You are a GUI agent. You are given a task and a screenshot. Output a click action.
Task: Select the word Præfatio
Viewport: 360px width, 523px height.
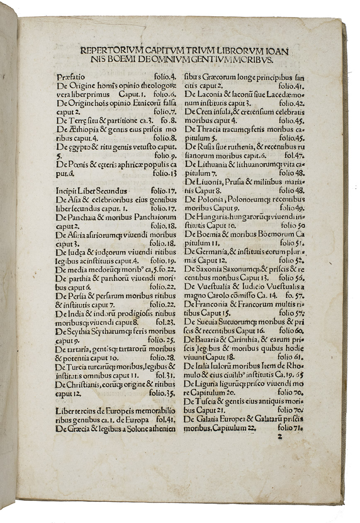[x=69, y=77]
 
